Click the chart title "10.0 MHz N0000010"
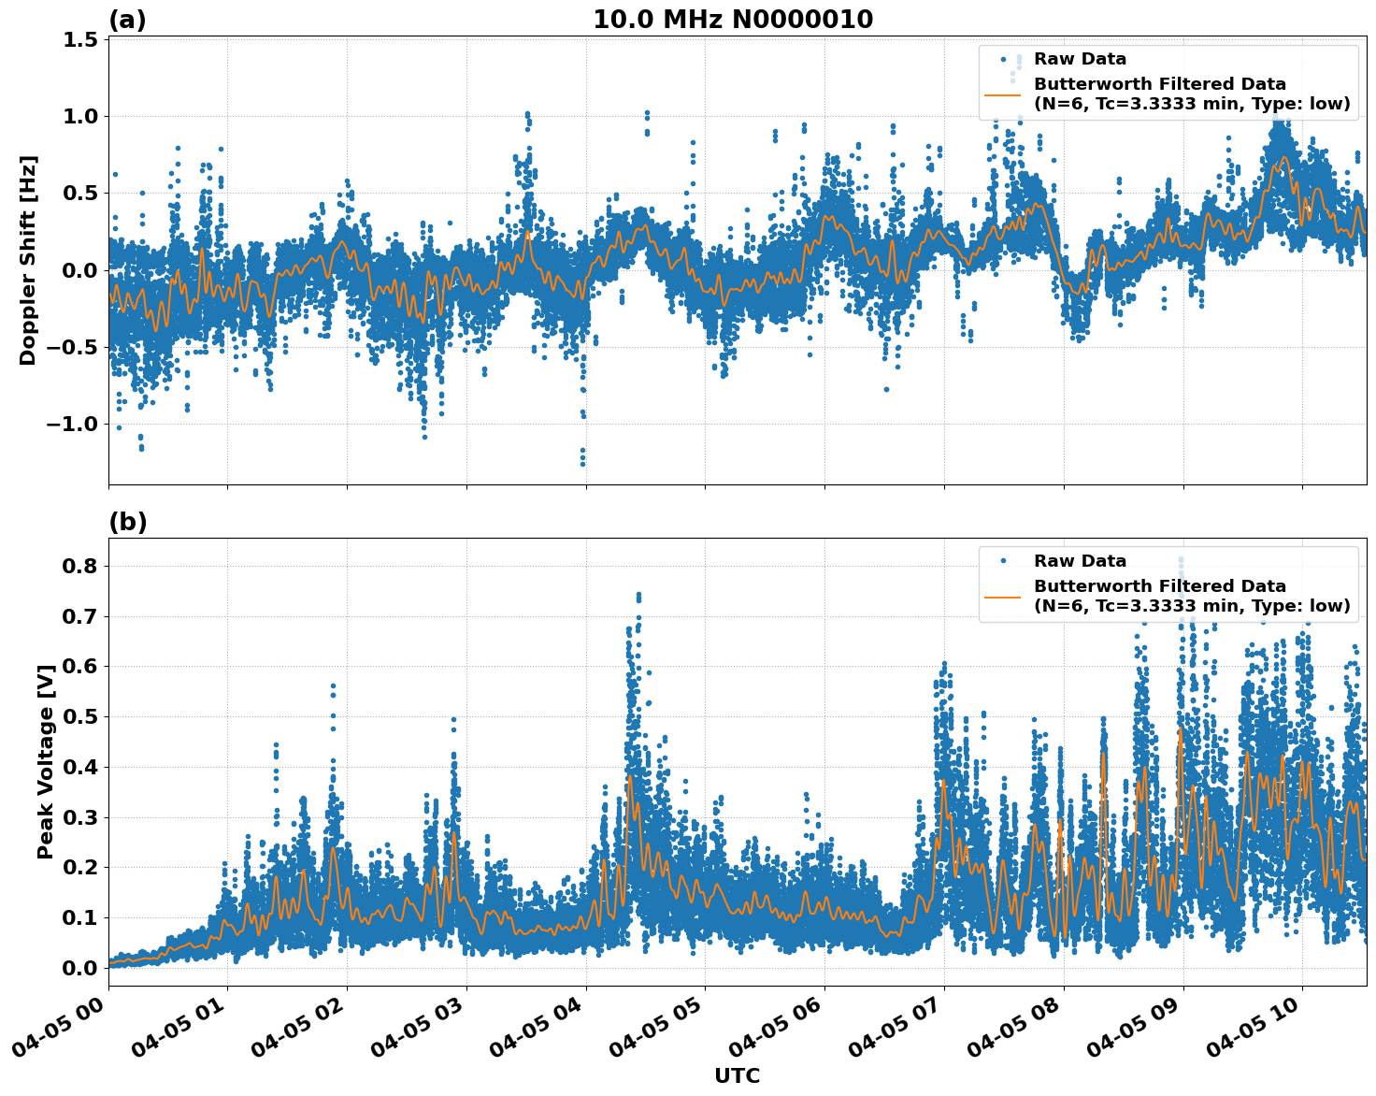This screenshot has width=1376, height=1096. (x=733, y=20)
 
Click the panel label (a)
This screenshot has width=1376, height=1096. (x=128, y=20)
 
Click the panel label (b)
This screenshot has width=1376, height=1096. (x=128, y=522)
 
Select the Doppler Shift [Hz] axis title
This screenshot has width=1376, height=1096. (x=28, y=260)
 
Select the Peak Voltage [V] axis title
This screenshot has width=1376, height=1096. (x=46, y=761)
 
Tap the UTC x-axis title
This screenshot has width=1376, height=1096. (x=737, y=1075)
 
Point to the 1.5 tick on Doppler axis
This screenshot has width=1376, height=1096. (x=80, y=39)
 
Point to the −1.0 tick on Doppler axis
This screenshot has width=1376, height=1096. (x=73, y=425)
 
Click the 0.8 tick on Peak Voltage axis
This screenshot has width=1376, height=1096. (x=80, y=566)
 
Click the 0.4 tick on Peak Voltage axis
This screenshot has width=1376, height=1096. (x=80, y=767)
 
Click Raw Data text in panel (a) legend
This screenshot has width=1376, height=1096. (x=1080, y=59)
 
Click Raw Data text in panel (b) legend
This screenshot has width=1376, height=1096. (x=1080, y=561)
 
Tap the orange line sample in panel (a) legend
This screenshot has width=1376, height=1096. (x=1003, y=94)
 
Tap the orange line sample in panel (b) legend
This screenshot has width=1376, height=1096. (x=1003, y=597)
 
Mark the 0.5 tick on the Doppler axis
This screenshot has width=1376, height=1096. (x=80, y=194)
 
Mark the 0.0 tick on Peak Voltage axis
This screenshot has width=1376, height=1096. (x=80, y=968)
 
